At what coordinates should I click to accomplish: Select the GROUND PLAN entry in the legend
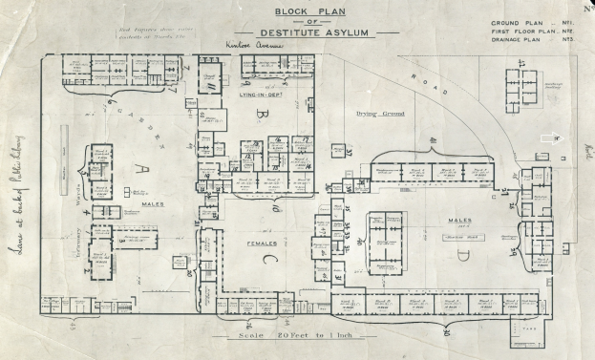517,22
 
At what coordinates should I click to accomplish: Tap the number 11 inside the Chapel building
208,87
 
